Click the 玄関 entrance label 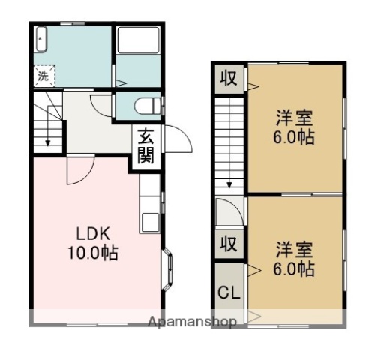point(145,147)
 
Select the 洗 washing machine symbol point(44,75)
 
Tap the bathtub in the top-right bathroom point(138,41)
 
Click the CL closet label point(229,292)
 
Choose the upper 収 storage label point(229,77)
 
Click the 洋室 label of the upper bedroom point(293,118)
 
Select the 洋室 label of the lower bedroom point(293,249)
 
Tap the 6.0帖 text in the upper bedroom point(293,138)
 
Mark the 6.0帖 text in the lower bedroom point(293,269)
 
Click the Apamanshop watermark point(193,322)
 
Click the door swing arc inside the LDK point(78,173)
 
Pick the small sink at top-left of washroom point(41,38)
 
